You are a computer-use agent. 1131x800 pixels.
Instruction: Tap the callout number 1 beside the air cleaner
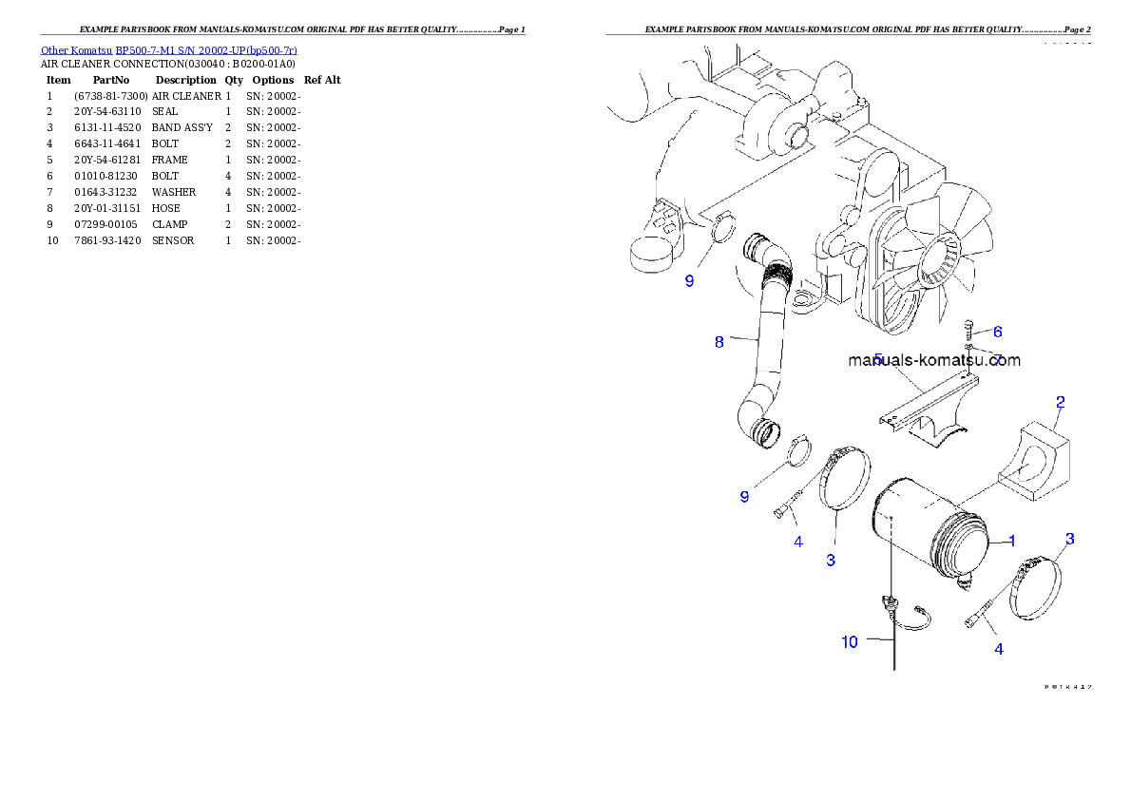[1012, 541]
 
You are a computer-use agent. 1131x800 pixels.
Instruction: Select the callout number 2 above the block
[1059, 402]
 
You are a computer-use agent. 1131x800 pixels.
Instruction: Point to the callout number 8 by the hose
[719, 342]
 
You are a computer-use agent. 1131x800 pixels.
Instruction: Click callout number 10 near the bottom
[850, 642]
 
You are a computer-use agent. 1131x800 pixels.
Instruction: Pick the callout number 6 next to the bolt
[997, 332]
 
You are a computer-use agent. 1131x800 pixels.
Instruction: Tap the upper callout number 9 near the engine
[690, 281]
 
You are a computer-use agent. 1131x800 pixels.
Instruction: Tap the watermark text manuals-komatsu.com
[934, 361]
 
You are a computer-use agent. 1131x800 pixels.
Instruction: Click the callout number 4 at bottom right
[998, 650]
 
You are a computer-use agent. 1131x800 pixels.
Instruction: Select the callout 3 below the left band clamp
[831, 561]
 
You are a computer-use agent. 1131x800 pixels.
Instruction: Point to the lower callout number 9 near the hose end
[744, 496]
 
